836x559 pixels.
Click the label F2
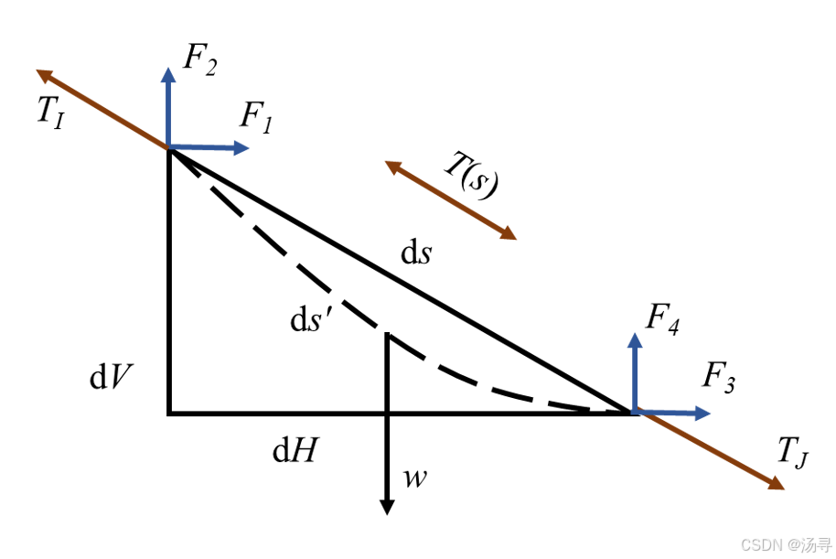click(x=200, y=61)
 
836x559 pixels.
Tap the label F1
click(x=257, y=118)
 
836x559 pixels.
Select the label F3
click(x=719, y=377)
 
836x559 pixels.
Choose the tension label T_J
click(x=792, y=452)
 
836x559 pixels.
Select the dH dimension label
click(x=295, y=450)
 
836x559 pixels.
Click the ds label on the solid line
click(x=416, y=253)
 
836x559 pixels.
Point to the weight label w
click(x=415, y=478)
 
